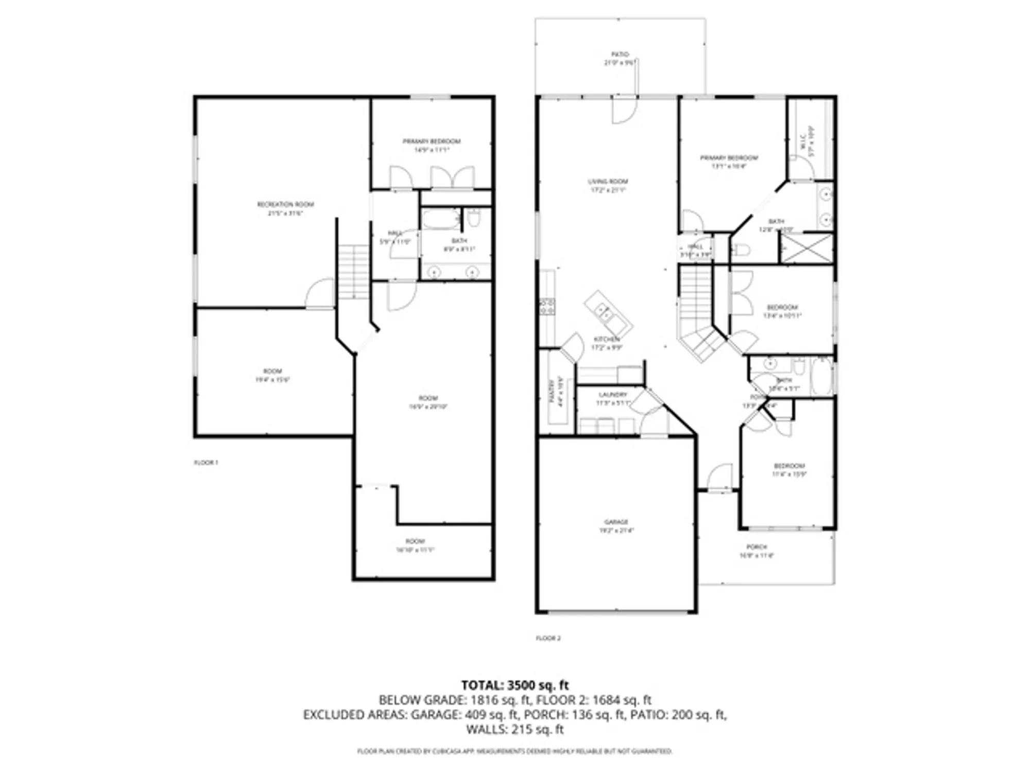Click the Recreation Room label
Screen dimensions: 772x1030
(285, 205)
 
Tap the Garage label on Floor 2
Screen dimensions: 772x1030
(616, 522)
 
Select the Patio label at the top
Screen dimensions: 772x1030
(620, 55)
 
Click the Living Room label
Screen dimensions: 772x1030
(608, 182)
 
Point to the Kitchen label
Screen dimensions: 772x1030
(607, 340)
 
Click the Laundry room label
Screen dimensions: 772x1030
(613, 395)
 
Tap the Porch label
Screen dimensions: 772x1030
(757, 547)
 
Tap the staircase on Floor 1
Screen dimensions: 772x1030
(353, 271)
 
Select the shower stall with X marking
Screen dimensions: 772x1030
(806, 249)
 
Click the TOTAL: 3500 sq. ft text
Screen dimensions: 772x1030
(514, 685)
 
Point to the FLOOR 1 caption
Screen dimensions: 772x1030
(205, 463)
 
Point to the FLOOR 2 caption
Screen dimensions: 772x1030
(548, 638)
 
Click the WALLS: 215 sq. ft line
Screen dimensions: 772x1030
(514, 729)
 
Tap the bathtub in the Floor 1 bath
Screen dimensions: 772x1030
(441, 220)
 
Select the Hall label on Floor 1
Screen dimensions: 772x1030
(395, 233)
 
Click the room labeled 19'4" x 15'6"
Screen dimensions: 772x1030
(272, 375)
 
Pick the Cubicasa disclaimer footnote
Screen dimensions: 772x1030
(514, 751)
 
